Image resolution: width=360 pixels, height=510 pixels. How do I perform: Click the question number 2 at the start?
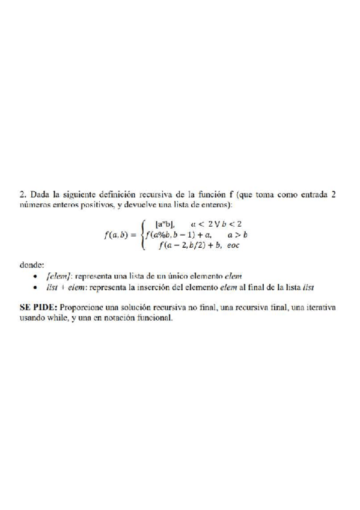22,194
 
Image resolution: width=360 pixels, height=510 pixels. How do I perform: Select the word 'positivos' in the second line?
93,205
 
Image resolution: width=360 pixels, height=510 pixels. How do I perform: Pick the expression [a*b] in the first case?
165,224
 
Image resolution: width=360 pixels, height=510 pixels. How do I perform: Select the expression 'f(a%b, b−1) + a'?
179,235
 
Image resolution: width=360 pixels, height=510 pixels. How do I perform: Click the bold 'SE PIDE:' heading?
40,307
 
